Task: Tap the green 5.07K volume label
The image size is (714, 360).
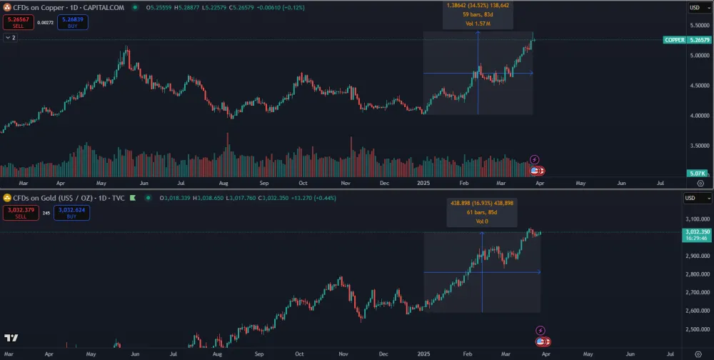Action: pyautogui.click(x=698, y=174)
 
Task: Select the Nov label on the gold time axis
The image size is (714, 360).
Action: pyautogui.click(x=343, y=354)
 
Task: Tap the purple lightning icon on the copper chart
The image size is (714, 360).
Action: pyautogui.click(x=535, y=159)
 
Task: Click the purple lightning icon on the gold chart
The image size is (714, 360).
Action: pyautogui.click(x=540, y=330)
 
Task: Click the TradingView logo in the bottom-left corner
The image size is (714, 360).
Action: pyautogui.click(x=11, y=338)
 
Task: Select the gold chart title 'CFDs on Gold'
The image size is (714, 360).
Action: pyautogui.click(x=44, y=198)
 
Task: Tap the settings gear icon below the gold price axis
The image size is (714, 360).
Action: pyautogui.click(x=700, y=354)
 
